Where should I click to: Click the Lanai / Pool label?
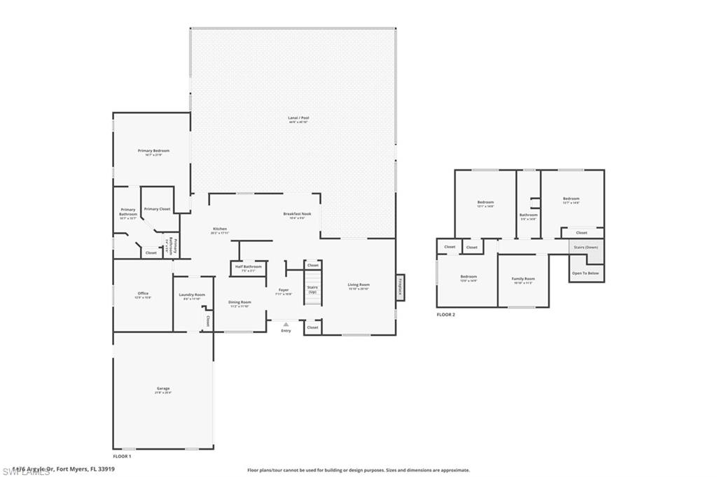click(298, 119)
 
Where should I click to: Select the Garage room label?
click(162, 390)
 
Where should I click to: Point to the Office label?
click(143, 294)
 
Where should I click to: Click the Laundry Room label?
click(191, 296)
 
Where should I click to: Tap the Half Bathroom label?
click(248, 267)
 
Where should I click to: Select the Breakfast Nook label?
click(297, 215)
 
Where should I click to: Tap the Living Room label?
click(358, 285)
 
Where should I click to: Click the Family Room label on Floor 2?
click(523, 280)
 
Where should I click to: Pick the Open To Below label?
click(585, 273)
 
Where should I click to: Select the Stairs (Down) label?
click(585, 248)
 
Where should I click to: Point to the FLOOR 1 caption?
click(123, 456)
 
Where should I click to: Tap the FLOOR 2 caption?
click(446, 315)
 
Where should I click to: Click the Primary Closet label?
click(157, 209)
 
